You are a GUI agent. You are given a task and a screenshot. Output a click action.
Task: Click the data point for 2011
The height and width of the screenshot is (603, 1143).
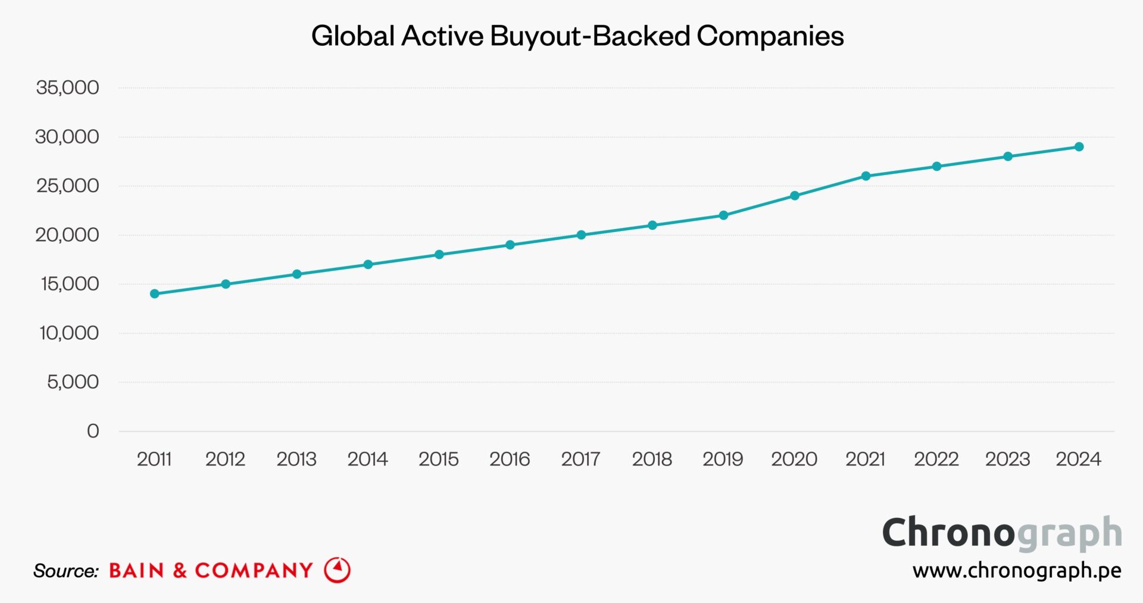coord(155,293)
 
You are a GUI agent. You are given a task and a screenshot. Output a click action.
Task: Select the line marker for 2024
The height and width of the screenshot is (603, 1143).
coord(1079,146)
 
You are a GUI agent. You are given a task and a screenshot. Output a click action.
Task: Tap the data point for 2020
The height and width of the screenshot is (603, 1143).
coord(794,196)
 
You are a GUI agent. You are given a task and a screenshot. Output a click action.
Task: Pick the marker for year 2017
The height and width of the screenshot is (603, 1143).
coord(581,235)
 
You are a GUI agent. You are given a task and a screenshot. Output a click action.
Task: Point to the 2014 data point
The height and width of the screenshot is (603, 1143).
coord(368,264)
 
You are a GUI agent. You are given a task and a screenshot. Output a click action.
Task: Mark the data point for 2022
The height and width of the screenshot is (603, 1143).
coord(936,166)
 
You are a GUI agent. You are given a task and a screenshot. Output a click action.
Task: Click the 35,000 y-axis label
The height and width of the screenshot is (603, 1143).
coord(67,88)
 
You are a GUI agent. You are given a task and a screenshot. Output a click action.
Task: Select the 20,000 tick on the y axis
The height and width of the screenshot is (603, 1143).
coord(67,235)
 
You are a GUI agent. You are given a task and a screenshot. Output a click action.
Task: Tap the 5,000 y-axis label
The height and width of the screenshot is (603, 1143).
coord(73,382)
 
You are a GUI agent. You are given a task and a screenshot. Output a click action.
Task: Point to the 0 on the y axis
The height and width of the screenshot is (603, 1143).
coord(93,430)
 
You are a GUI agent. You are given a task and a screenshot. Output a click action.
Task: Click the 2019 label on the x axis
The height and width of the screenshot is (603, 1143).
coord(723,459)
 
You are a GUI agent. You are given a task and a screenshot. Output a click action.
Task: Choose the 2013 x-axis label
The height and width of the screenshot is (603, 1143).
coord(296,459)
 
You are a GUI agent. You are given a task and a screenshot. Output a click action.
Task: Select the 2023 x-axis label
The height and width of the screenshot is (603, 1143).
coord(1007,459)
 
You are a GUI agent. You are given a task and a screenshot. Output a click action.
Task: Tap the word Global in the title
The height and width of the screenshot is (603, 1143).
coord(353,36)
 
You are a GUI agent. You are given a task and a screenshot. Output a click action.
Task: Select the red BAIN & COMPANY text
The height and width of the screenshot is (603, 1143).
coord(211,570)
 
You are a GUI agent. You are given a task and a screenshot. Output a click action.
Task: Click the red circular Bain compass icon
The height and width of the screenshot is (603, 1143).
coord(338,570)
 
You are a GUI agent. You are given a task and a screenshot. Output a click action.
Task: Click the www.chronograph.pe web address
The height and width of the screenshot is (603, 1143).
coord(1017,570)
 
